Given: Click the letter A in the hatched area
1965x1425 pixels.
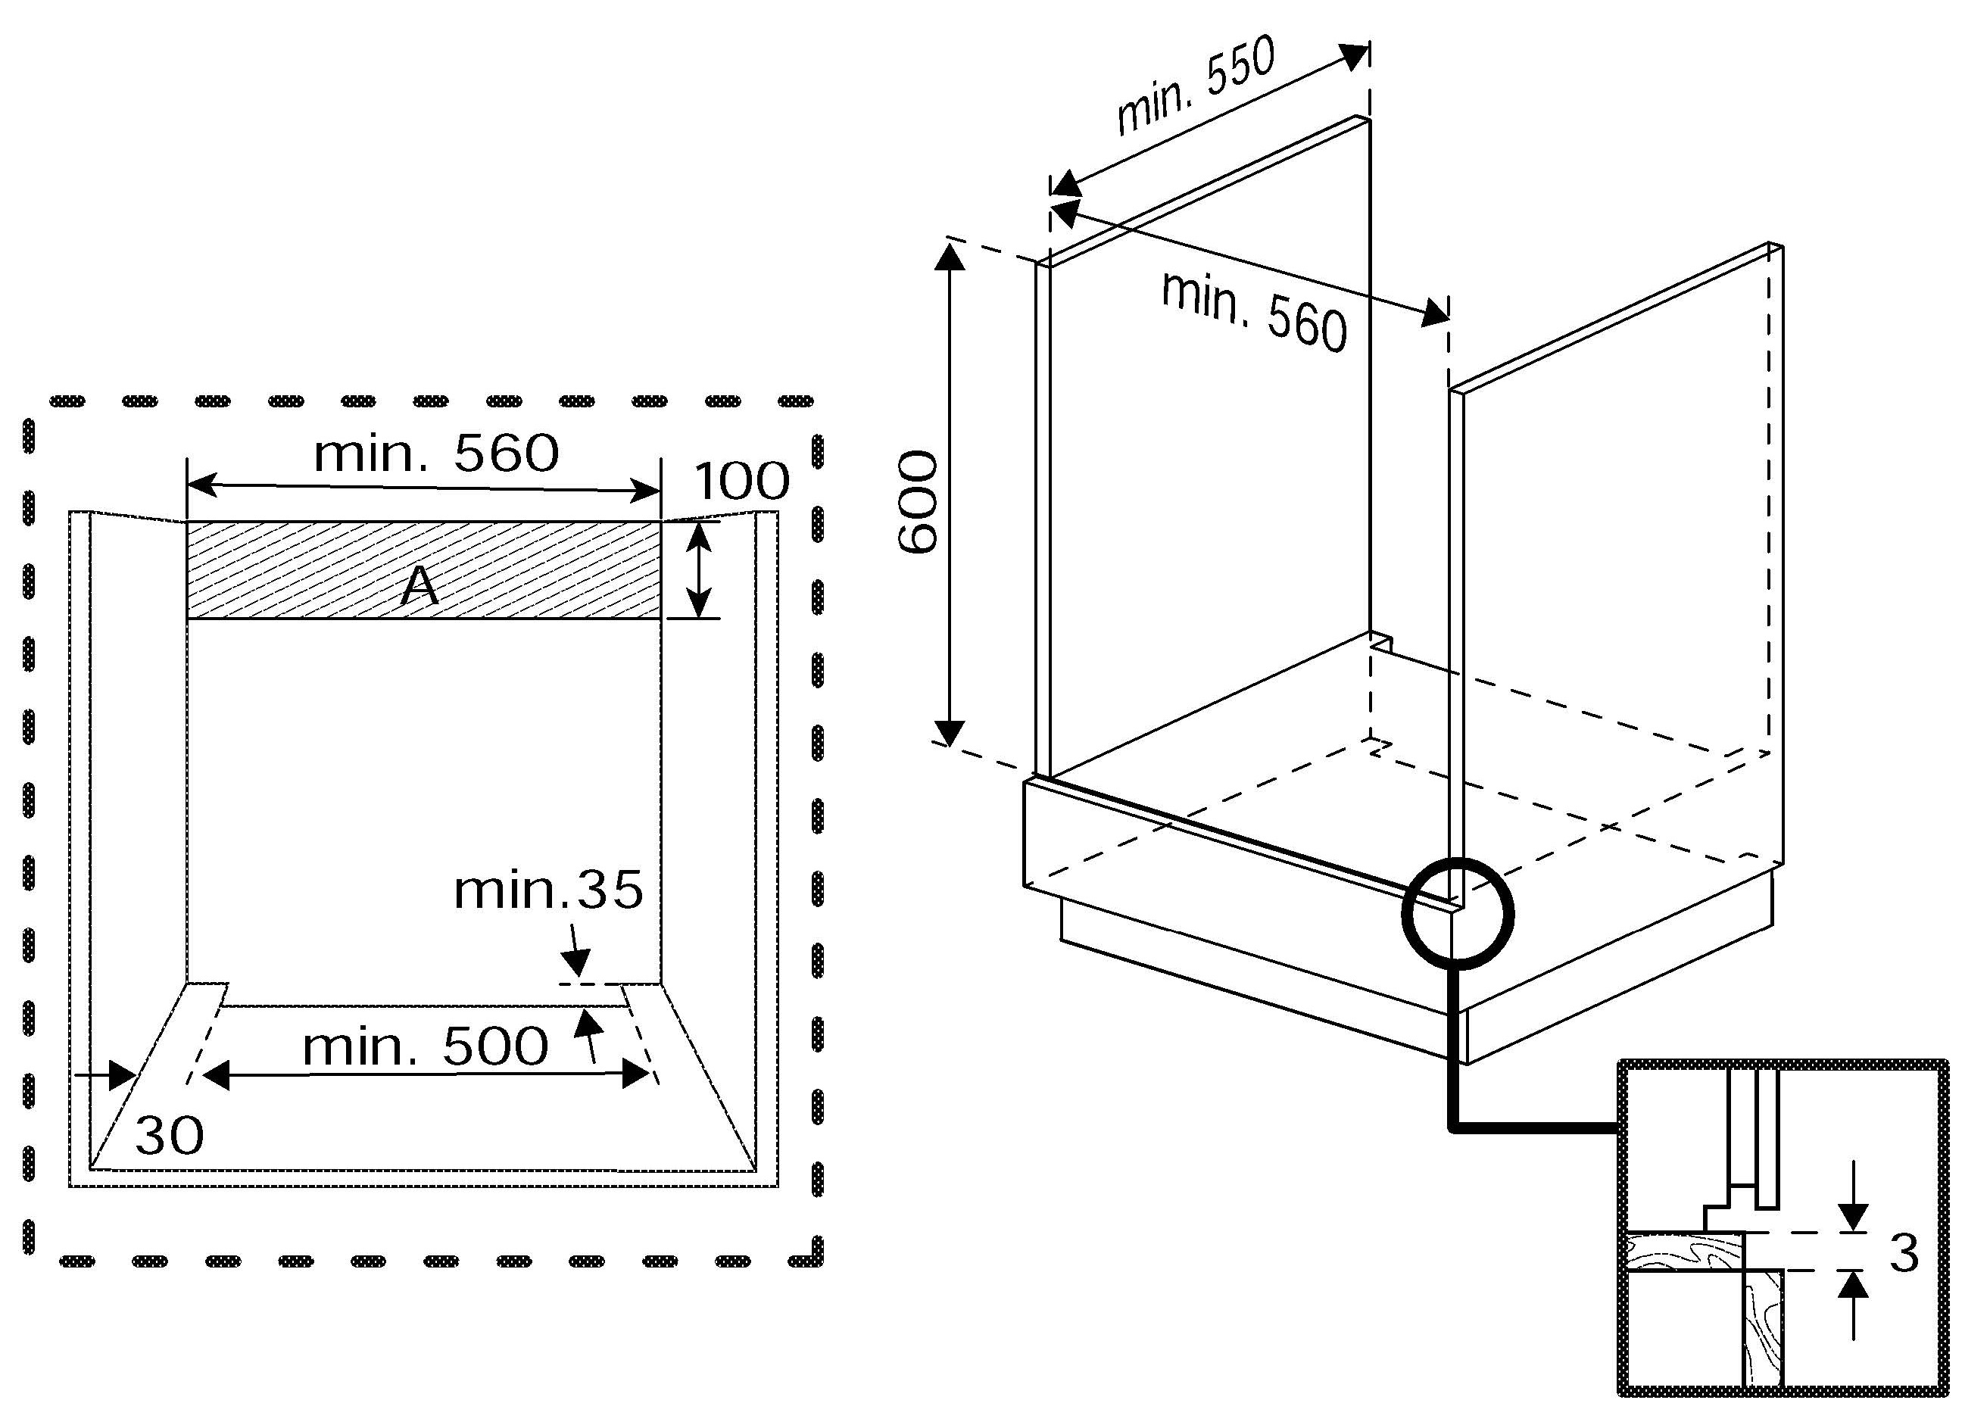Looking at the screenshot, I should click(x=420, y=587).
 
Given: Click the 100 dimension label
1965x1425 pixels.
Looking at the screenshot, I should click(x=741, y=482).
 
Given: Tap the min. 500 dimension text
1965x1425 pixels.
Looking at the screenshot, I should click(x=425, y=1046).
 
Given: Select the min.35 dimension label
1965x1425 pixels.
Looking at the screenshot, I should click(x=548, y=890).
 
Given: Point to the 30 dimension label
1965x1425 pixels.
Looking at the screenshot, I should click(x=169, y=1135).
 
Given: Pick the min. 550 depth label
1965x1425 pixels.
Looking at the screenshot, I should click(x=1196, y=86).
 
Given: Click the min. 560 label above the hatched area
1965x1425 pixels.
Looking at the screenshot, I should click(x=436, y=453).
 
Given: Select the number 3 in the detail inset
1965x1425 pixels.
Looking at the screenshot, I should click(x=1904, y=1252).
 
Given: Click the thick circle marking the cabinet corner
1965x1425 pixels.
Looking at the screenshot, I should click(x=1458, y=912).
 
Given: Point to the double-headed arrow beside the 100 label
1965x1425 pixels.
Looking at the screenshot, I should click(x=698, y=569).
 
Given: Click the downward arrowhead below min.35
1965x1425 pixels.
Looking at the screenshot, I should click(x=576, y=962).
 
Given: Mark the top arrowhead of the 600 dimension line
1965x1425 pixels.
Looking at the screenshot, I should click(x=950, y=257).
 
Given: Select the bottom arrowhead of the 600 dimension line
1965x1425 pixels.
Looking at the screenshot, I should click(x=950, y=732).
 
